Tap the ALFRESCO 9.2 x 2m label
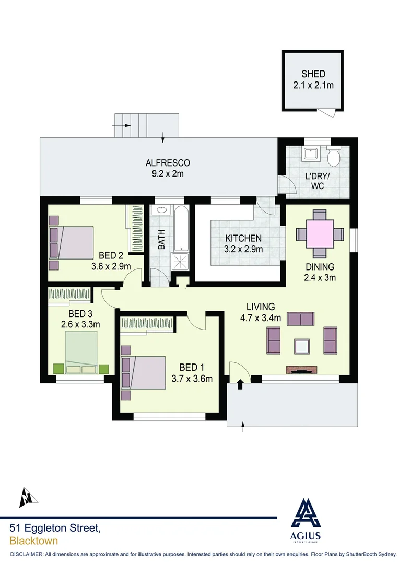tap(167, 168)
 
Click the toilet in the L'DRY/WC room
tap(333, 156)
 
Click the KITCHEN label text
tap(243, 239)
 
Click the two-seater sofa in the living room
tap(301, 319)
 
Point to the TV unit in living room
tap(301, 370)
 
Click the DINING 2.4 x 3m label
tap(320, 272)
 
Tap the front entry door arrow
tap(240, 385)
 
